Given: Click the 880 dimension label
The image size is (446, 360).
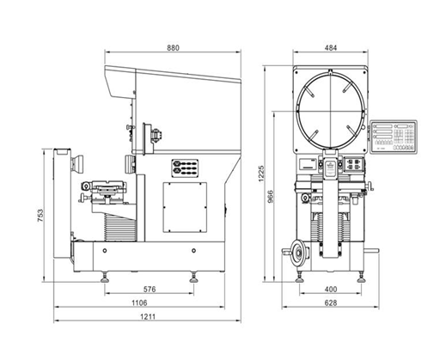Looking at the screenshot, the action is [x=173, y=47].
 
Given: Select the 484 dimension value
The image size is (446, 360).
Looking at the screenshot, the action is [x=331, y=47].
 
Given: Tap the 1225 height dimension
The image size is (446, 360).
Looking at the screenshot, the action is [x=261, y=174].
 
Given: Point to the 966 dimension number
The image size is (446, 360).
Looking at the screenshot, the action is [x=271, y=197].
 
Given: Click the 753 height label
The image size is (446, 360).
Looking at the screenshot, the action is [x=40, y=216].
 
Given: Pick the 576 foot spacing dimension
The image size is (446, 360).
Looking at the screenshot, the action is [x=150, y=290].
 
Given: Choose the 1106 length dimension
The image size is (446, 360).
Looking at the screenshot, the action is [x=139, y=302].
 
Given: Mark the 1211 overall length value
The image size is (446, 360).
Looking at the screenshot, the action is [x=148, y=316].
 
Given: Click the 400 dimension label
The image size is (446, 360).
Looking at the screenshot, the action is [x=331, y=290].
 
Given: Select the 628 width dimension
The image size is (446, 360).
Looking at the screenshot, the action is [x=331, y=302].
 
